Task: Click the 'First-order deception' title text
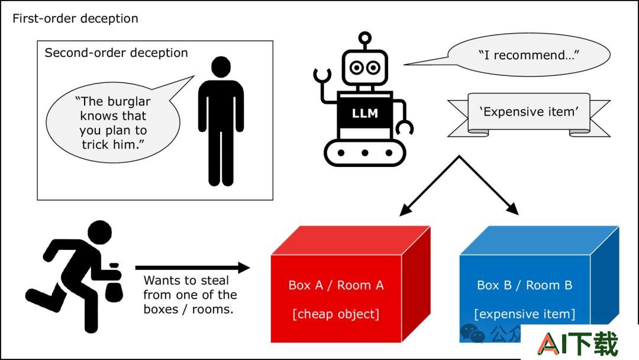click(x=75, y=18)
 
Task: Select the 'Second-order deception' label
click(x=116, y=53)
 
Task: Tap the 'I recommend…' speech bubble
click(x=528, y=54)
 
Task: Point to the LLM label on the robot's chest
click(x=364, y=113)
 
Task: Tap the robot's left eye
click(x=357, y=67)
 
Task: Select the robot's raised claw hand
click(x=322, y=74)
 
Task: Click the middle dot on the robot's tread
click(x=364, y=153)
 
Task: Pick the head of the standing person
click(x=221, y=67)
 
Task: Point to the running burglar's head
click(x=99, y=232)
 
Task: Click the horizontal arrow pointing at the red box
click(x=192, y=268)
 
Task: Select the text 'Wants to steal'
click(x=186, y=281)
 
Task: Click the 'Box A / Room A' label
click(x=336, y=285)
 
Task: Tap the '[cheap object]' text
click(x=336, y=314)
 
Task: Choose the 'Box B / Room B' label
click(x=525, y=285)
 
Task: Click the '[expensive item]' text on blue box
click(x=525, y=314)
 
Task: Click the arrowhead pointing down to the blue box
click(x=514, y=209)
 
